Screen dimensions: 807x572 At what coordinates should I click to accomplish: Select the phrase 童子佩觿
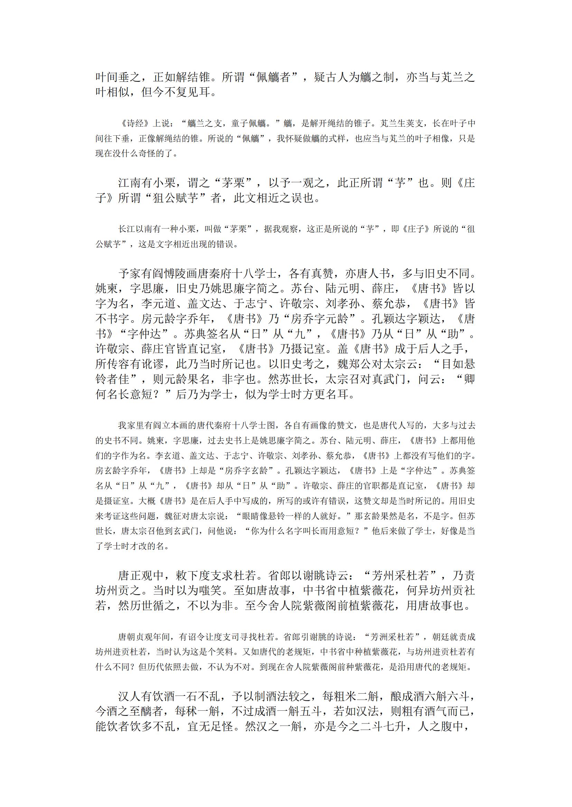[249, 124]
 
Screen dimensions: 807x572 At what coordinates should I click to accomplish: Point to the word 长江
[127, 230]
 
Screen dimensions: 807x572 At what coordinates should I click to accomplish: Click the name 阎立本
[165, 426]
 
